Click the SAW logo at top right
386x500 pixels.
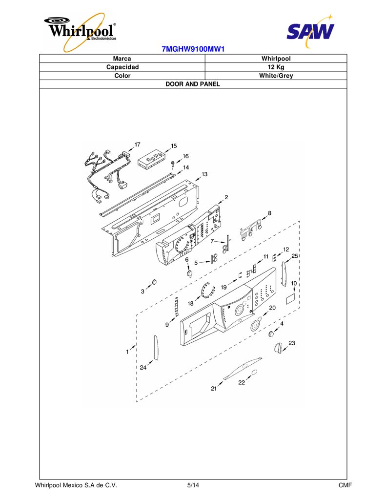click(x=310, y=31)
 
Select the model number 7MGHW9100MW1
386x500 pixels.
click(x=193, y=49)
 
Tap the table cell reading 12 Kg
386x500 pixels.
click(x=276, y=67)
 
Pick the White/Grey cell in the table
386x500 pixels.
click(x=276, y=76)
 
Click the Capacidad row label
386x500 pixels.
click(x=122, y=67)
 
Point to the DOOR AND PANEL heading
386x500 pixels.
click(x=193, y=84)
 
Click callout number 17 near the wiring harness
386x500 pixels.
click(x=138, y=145)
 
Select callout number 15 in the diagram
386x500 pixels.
click(x=174, y=146)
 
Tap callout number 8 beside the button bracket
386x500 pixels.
click(x=270, y=213)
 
